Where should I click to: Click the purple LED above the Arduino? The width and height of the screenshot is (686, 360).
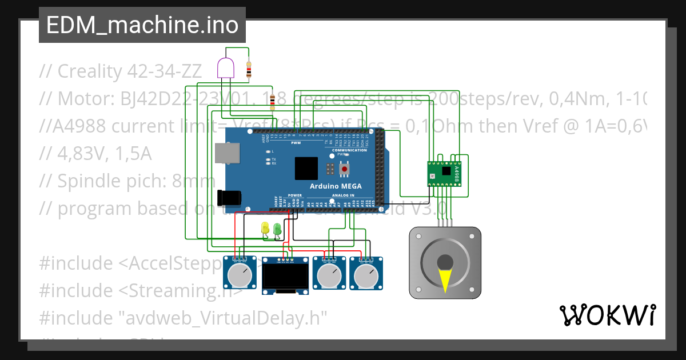[226, 68]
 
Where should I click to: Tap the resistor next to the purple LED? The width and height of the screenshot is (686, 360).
[249, 70]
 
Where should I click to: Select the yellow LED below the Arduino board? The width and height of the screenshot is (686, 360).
[265, 227]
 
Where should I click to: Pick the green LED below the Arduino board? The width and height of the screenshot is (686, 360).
[277, 228]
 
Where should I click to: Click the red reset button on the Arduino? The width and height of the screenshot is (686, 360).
[345, 170]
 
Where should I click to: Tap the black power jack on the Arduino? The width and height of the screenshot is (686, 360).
[229, 197]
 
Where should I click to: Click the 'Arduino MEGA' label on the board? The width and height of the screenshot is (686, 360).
[336, 186]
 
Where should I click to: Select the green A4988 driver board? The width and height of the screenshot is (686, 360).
[445, 173]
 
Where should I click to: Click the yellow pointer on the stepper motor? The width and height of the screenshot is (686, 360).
[445, 279]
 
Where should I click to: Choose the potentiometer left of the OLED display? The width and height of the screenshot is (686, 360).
[240, 275]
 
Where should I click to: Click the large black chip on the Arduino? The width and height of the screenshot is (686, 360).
[306, 169]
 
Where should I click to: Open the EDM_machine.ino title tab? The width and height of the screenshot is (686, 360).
[142, 25]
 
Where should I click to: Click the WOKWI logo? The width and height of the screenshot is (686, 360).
[607, 315]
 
